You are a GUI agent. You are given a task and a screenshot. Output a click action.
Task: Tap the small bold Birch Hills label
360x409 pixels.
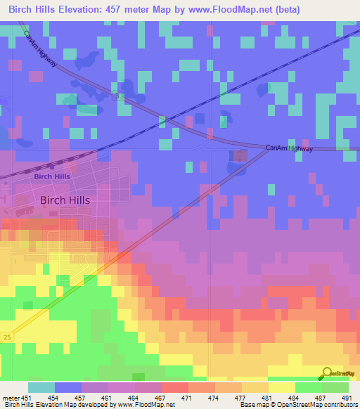click(52, 176)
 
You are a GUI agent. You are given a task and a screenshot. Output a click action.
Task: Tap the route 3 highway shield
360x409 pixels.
click(120, 97)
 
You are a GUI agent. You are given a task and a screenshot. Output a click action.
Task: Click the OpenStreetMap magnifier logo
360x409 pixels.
click(326, 373)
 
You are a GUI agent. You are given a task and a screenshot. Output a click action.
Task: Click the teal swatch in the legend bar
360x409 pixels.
click(41, 387)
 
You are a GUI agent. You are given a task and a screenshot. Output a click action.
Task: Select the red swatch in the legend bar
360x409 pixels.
click(175, 387)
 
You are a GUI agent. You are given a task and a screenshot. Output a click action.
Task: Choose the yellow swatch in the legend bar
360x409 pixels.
click(282, 387)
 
